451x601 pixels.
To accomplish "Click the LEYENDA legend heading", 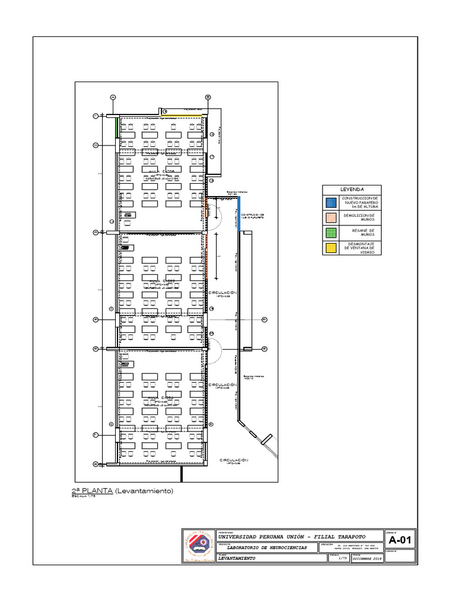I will coord(352,190).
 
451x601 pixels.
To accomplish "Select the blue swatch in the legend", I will coord(331,202).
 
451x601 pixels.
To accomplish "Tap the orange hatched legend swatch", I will coord(331,218).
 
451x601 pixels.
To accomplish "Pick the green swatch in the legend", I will coord(331,232).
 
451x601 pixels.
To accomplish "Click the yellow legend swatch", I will coord(331,248).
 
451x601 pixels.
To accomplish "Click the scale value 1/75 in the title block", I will coord(343,558).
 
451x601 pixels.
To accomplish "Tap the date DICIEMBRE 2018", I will coord(367,558).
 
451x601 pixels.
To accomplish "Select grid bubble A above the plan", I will coord(113,97).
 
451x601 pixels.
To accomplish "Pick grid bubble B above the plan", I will coord(207,97).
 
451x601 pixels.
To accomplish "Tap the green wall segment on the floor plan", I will coord(117,127).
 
